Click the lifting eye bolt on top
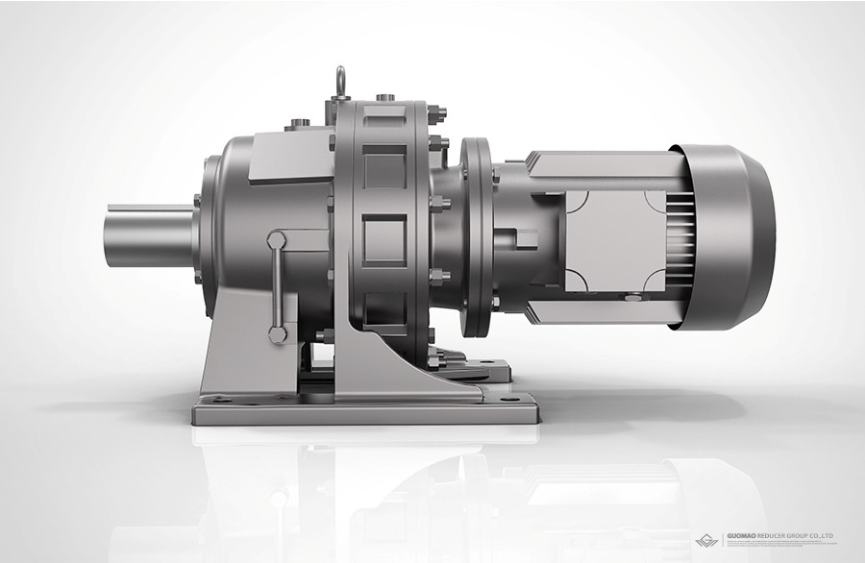point(341,82)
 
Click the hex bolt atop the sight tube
point(276,240)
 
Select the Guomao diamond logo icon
point(707,540)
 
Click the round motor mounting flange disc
point(476,236)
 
